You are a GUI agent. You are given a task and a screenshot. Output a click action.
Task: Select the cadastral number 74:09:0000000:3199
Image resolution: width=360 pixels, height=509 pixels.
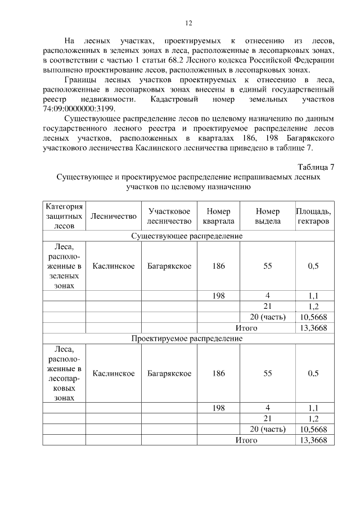coord(78,109)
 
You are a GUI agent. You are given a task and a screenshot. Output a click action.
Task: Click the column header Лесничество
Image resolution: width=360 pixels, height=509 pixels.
coord(114,216)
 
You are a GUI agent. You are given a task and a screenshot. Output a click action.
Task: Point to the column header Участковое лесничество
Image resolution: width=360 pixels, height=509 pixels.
coord(169,216)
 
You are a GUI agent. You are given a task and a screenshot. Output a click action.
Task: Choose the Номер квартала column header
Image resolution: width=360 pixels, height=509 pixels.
coord(218,216)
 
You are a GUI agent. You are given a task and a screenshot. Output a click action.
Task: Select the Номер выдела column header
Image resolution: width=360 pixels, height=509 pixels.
coord(268,216)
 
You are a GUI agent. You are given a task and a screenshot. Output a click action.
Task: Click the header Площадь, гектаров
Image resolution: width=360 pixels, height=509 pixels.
coord(313,216)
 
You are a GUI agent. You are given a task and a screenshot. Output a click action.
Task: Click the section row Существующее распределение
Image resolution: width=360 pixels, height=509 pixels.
coord(187,236)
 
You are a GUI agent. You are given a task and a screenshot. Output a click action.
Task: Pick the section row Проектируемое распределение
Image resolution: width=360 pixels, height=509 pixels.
coord(187,339)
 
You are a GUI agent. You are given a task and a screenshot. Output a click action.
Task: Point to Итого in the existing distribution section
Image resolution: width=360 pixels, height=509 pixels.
coord(246,327)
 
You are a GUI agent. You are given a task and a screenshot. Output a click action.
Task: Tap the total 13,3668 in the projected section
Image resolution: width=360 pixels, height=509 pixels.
coord(313,440)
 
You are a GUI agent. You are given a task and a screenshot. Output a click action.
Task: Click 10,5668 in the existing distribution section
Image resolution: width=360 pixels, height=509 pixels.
coord(313,317)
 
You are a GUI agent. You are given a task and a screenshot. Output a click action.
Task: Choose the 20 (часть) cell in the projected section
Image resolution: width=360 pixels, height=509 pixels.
coord(268,429)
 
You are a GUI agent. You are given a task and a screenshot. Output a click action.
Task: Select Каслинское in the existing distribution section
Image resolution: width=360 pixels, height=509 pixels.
coord(114,266)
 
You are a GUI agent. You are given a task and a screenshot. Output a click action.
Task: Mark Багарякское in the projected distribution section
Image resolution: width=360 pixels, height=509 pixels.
coord(169,373)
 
